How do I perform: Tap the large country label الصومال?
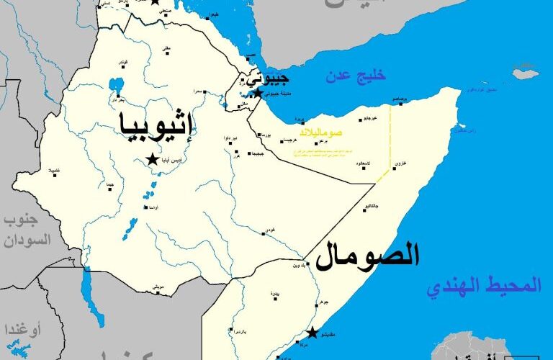coord(368,255)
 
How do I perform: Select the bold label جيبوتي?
coord(267,77)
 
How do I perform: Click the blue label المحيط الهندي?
coord(482,287)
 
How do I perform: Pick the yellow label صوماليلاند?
coord(321,132)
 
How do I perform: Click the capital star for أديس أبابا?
coord(153,159)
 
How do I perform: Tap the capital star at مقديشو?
coord(312,333)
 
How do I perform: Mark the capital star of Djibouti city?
coord(257,93)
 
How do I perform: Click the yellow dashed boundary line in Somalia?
coord(391,137)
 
